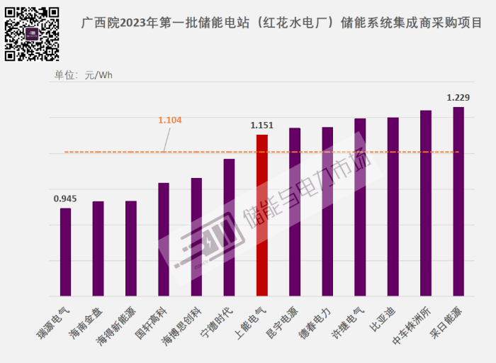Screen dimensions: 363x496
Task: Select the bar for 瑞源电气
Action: click(65, 252)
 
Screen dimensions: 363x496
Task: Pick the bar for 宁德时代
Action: click(229, 227)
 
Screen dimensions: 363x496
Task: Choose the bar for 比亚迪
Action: click(393, 206)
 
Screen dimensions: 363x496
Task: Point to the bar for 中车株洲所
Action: click(426, 203)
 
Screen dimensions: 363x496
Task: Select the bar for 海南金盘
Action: click(98, 248)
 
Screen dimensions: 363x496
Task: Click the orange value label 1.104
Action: click(169, 120)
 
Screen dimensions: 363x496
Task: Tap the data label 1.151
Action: click(262, 125)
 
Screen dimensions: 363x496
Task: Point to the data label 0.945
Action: click(65, 198)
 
